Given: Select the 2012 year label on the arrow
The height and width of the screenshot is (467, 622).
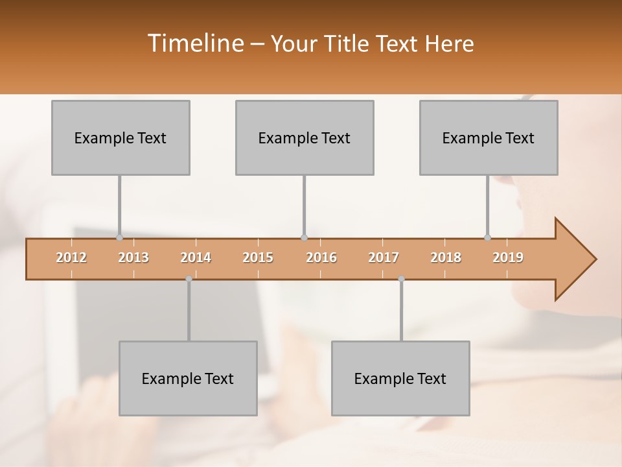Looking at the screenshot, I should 71,257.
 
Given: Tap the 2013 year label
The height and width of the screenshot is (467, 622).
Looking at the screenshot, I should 133,257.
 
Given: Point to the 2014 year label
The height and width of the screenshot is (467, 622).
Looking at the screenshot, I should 196,257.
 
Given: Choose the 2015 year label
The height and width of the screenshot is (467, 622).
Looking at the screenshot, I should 258,257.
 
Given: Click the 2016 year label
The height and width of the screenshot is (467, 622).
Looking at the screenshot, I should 321,257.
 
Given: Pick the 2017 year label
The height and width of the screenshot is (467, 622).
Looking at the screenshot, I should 384,257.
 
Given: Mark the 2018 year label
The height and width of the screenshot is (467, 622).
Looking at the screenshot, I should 446,257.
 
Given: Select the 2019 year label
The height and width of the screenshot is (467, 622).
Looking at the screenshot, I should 508,257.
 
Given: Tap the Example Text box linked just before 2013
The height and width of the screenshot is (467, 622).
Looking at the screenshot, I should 121,138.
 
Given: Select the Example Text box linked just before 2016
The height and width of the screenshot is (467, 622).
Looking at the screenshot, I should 305,138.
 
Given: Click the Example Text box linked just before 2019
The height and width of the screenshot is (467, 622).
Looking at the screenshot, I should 489,138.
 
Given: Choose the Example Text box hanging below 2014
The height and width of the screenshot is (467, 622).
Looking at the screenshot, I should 188,378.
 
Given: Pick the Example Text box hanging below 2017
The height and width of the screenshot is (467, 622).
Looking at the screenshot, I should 400,378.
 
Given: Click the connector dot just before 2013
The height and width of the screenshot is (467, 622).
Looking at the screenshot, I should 119,238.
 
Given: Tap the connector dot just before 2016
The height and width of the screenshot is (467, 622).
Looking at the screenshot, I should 305,238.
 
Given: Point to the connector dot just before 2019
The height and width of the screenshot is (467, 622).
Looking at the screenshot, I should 488,238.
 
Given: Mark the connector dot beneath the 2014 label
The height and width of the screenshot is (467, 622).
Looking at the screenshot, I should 189,279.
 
